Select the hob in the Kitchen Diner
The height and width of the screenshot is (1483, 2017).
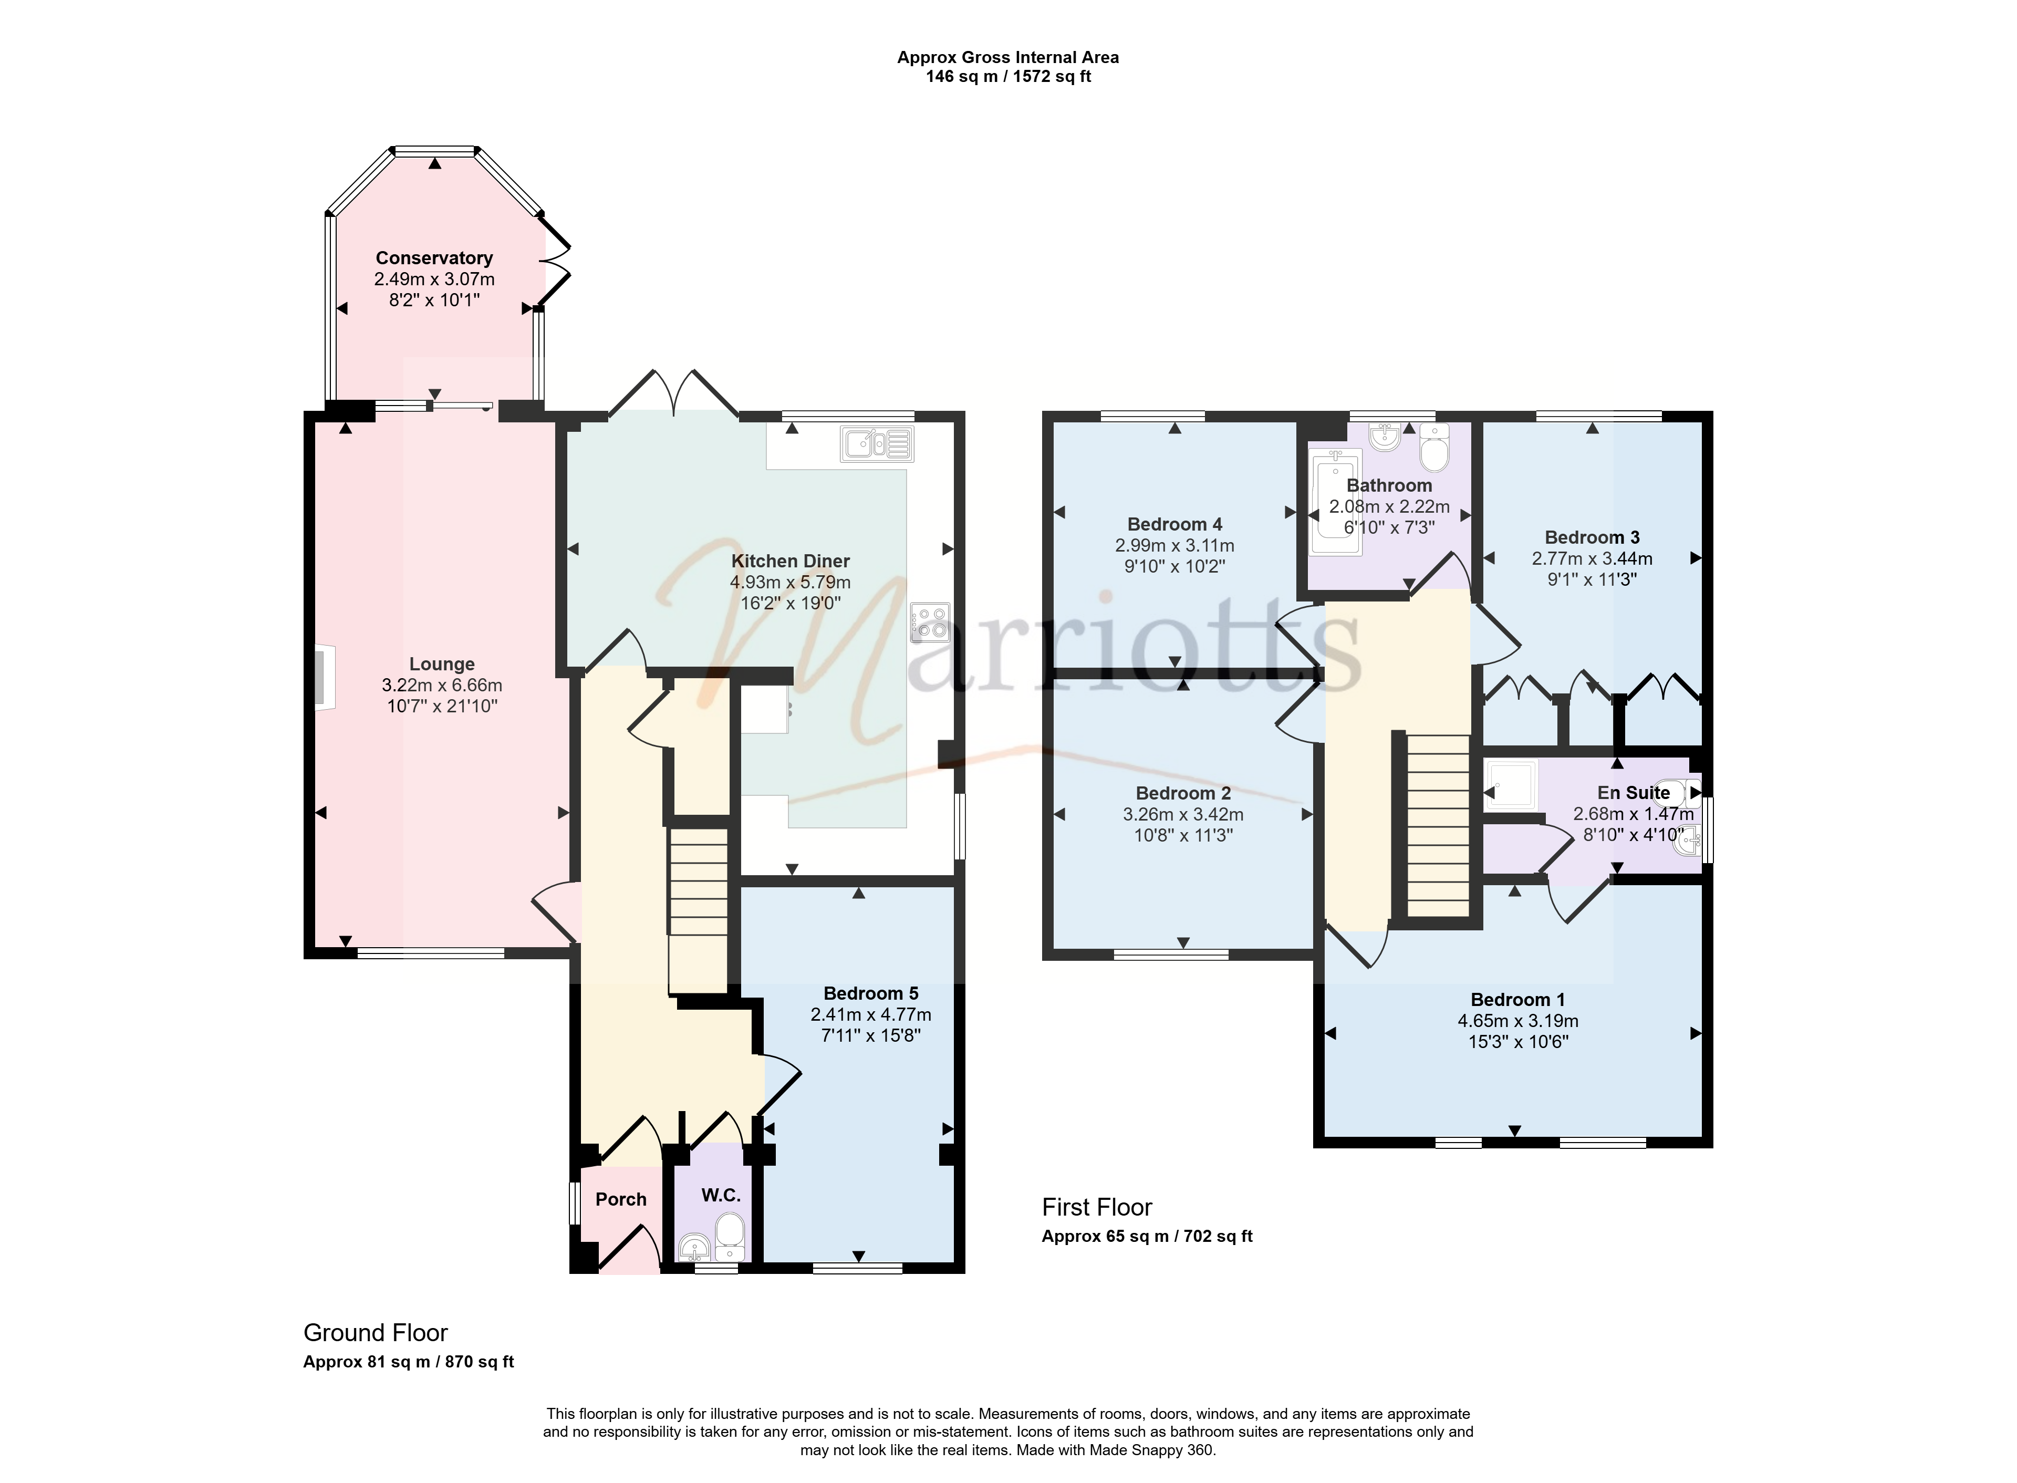[930, 622]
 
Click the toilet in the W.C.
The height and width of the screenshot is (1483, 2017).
[730, 1238]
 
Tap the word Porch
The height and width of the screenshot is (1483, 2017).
[621, 1199]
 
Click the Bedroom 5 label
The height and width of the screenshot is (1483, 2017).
[871, 993]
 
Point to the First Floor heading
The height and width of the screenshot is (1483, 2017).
[1097, 1207]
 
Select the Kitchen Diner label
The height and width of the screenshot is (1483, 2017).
[790, 561]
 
